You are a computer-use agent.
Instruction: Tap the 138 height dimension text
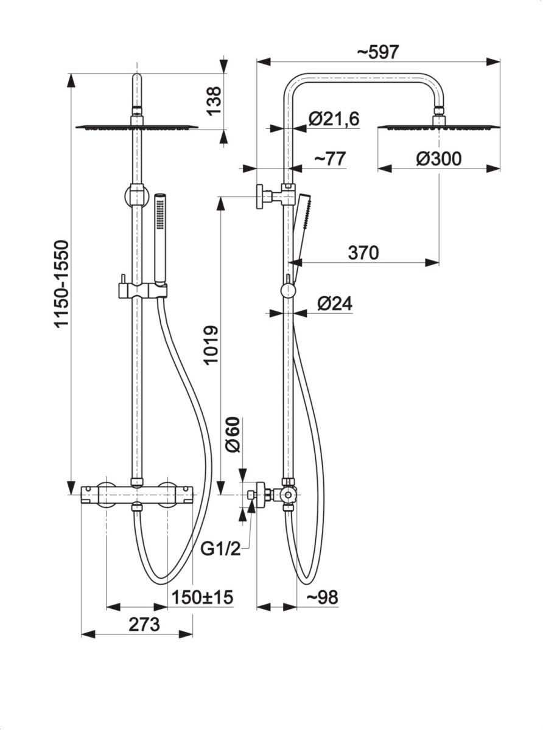(x=213, y=100)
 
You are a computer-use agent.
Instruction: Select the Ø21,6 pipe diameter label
(x=334, y=119)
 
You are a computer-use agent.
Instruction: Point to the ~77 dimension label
(x=329, y=158)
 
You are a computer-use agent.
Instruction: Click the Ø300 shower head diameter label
(x=438, y=159)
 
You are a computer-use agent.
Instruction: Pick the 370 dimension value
(x=363, y=252)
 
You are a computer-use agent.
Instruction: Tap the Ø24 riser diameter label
(x=335, y=304)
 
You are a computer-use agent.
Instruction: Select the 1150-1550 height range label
(x=62, y=284)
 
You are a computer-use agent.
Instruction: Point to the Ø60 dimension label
(x=233, y=434)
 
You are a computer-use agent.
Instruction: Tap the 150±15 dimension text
(x=203, y=597)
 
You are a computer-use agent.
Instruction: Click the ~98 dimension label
(x=321, y=597)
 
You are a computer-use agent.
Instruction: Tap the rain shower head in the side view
(x=438, y=127)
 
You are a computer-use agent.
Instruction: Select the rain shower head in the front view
(x=137, y=127)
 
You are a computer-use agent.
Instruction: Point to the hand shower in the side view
(x=301, y=225)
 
